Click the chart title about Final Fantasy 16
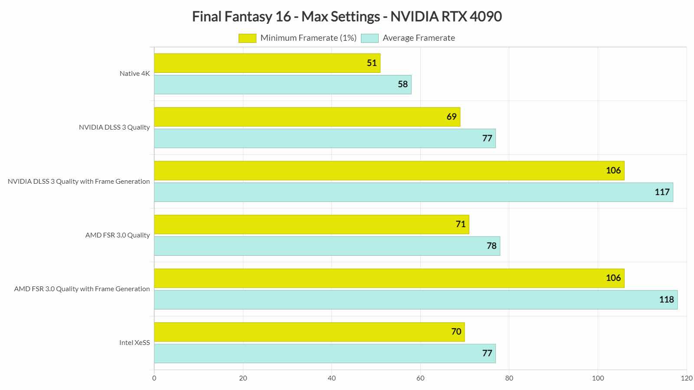point(347,16)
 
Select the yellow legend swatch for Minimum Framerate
point(247,38)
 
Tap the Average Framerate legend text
point(419,38)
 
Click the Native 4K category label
point(134,74)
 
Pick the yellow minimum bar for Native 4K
point(267,63)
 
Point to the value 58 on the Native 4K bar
point(403,84)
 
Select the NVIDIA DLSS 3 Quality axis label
point(114,127)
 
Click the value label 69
point(452,117)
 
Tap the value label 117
point(662,192)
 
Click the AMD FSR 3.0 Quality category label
point(118,235)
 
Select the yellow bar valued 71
point(311,224)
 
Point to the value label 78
point(491,246)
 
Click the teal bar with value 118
point(416,300)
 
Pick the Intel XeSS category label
point(134,343)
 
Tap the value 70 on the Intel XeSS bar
point(456,332)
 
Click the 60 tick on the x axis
point(420,378)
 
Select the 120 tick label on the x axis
point(686,378)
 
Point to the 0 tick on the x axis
point(154,378)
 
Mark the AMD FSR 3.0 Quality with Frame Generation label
point(82,289)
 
